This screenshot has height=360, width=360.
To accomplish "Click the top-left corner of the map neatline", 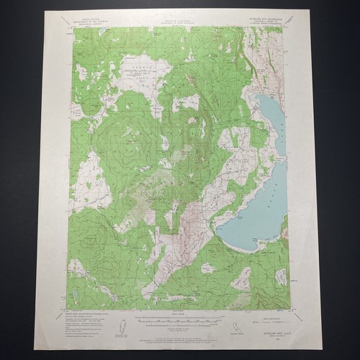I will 72,27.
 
